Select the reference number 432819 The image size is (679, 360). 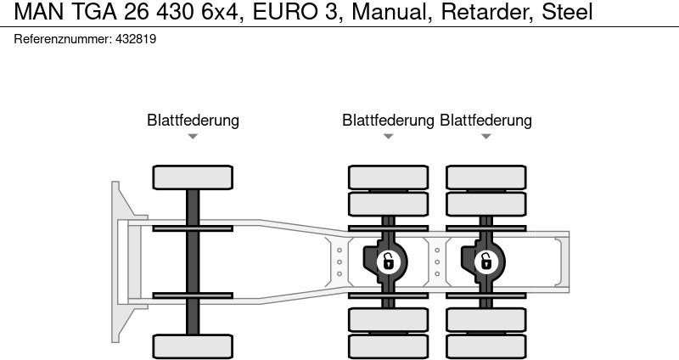click(134, 39)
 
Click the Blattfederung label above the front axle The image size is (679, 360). click(193, 121)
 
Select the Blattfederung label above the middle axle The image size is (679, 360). click(388, 121)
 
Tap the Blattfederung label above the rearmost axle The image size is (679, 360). click(485, 121)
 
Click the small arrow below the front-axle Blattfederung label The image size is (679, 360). click(193, 136)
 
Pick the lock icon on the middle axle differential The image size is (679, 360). click(388, 262)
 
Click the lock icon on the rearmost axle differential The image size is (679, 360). click(485, 262)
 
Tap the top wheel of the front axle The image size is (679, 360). click(193, 177)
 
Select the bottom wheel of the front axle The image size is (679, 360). click(193, 346)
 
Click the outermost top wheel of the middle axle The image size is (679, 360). click(388, 177)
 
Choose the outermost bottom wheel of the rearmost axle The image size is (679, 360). click(485, 346)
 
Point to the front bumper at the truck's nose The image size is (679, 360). click(119, 261)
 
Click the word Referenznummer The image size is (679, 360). click(62, 39)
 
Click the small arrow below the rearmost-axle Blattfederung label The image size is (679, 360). click(485, 136)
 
